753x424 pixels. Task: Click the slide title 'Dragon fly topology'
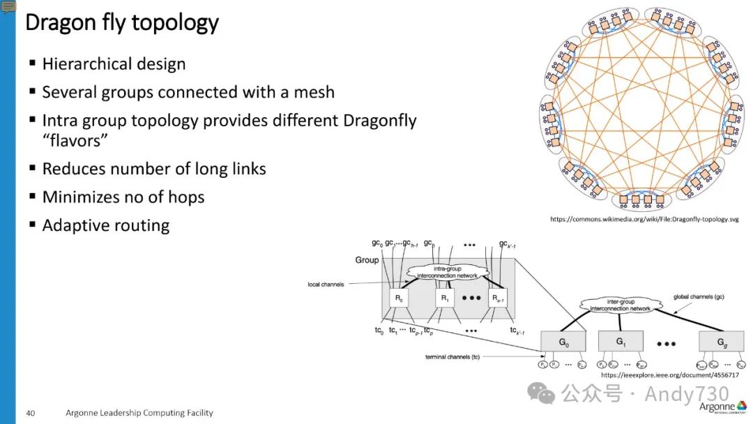point(122,22)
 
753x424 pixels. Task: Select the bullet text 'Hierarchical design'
point(114,64)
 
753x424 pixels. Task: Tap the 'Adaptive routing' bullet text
point(106,225)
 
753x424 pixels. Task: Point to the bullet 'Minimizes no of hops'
point(123,197)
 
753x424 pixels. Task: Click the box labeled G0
point(563,342)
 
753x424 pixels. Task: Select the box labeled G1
point(620,342)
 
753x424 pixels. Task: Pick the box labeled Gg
point(721,342)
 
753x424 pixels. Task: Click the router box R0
point(398,298)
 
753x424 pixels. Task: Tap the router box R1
point(445,298)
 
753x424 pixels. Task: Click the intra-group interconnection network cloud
point(447,272)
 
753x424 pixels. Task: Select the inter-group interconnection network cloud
point(620,305)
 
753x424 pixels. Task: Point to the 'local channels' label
point(326,285)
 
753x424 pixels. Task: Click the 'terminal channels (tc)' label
point(452,356)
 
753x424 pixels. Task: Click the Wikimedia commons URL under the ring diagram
point(644,219)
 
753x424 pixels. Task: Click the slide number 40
point(31,413)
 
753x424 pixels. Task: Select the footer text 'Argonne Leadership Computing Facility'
point(139,413)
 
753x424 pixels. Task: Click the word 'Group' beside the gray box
point(367,260)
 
